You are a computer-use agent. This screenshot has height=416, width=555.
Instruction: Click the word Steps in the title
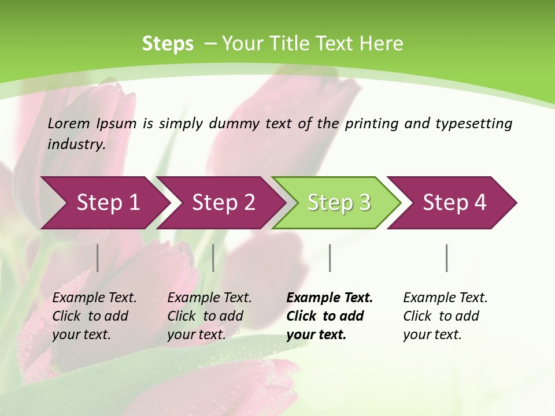click(x=168, y=44)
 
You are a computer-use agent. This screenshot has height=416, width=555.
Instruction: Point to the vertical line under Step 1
click(x=98, y=258)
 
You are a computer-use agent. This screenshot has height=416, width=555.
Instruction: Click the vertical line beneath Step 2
click(x=213, y=258)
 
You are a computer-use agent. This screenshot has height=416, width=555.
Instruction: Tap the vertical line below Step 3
click(x=330, y=258)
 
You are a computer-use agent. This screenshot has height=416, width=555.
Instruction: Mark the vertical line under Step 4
click(x=447, y=258)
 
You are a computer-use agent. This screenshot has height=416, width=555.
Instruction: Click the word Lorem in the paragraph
click(x=69, y=124)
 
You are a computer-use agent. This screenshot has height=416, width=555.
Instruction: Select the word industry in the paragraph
click(x=76, y=144)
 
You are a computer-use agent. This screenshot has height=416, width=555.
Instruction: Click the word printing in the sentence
click(x=371, y=124)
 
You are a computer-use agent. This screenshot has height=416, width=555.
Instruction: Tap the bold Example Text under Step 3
click(x=330, y=298)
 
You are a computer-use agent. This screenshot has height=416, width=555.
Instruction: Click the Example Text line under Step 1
click(x=94, y=298)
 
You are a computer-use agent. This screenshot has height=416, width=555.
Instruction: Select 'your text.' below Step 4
click(x=432, y=335)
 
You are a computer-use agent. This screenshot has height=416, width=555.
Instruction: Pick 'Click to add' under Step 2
click(x=205, y=316)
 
